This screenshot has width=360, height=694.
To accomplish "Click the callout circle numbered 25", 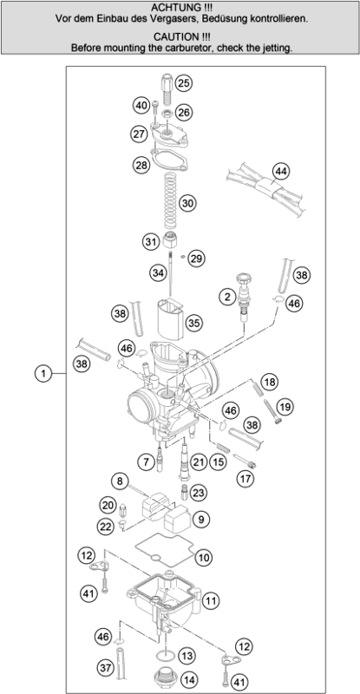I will coord(183,83).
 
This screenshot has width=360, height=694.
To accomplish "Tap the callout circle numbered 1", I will coord(40,375).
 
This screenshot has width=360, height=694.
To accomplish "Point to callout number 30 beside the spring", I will coord(187,203).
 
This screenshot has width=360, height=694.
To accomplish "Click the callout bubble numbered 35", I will coord(193,322).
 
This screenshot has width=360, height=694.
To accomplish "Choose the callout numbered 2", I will coord(228,298).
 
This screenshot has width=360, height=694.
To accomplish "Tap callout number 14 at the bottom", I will coord(188,678).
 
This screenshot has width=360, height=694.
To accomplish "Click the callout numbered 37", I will coord(105,667).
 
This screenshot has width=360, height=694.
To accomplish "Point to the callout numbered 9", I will coord(204,520).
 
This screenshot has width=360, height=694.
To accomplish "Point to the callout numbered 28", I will coord(141,164).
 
